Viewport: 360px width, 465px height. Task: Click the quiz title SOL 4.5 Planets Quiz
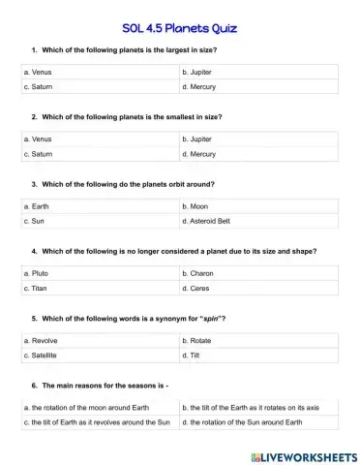point(180,28)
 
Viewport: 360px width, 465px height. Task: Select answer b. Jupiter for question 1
point(258,72)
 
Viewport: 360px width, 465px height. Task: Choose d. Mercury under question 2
point(258,154)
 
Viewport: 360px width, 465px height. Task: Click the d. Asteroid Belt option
point(258,221)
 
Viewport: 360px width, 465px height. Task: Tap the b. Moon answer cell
point(258,206)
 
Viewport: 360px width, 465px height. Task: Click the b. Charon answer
point(258,274)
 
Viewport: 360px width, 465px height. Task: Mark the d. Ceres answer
point(258,289)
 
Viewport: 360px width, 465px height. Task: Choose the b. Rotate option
point(258,341)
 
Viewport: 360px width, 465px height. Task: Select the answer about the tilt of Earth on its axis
point(258,408)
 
